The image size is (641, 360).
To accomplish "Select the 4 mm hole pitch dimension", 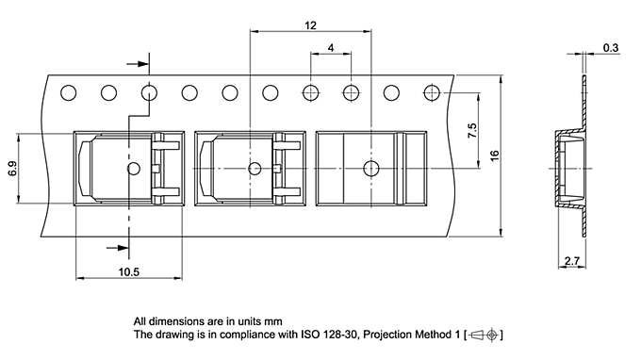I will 331,47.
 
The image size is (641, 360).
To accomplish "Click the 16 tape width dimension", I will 494,155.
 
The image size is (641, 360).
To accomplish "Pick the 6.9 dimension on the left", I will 12,169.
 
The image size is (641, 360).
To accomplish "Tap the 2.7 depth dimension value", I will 570,260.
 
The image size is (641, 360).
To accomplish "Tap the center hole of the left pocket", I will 133,168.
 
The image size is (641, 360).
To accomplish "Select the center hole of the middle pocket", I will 253,168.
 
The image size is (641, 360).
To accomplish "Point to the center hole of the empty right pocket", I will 371,168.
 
